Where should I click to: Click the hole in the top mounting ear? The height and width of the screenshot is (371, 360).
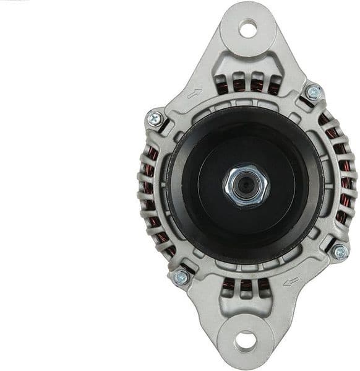pyautogui.click(x=248, y=28)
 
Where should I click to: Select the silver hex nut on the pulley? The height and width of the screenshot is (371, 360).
pyautogui.click(x=246, y=183)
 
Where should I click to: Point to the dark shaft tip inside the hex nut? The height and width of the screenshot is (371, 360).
pyautogui.click(x=246, y=184)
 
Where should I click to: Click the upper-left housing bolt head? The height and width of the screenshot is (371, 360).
pyautogui.click(x=155, y=118)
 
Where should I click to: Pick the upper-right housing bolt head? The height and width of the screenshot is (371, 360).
pyautogui.click(x=314, y=93)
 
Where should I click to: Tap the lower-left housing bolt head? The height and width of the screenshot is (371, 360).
pyautogui.click(x=181, y=277)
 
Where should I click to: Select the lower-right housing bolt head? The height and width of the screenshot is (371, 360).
pyautogui.click(x=339, y=251)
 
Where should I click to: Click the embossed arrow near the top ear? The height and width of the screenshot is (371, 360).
pyautogui.click(x=194, y=94)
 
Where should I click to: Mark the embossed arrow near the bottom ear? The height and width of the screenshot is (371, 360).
pyautogui.click(x=290, y=282)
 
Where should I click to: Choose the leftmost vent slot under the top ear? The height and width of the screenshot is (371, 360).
pyautogui.click(x=223, y=87)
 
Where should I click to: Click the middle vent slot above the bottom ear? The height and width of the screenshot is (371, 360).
pyautogui.click(x=246, y=286)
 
